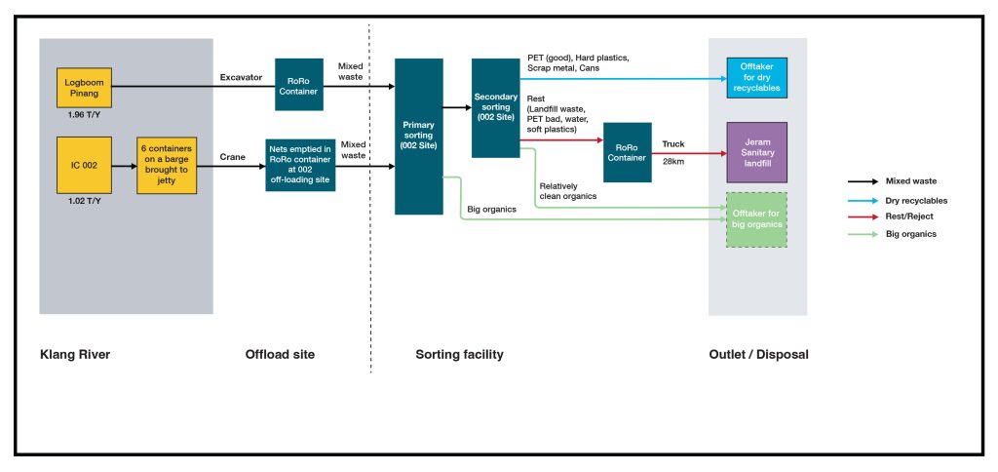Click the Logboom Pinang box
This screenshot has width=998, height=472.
click(x=84, y=89)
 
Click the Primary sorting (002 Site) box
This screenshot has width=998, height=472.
click(x=419, y=137)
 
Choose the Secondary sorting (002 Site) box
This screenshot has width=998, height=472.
click(x=496, y=107)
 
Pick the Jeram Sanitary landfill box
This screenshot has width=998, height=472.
click(x=756, y=153)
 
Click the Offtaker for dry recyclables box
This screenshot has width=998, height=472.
click(x=756, y=76)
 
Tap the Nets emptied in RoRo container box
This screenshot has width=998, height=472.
click(x=300, y=165)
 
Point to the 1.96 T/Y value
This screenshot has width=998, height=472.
click(x=84, y=127)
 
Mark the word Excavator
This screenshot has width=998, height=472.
click(x=242, y=77)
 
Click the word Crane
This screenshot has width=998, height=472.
click(x=234, y=156)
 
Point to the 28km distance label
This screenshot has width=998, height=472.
click(x=673, y=161)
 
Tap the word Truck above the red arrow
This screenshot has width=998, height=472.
click(x=673, y=144)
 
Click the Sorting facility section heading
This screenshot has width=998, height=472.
click(x=459, y=354)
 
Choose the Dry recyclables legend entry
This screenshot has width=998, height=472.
click(x=916, y=200)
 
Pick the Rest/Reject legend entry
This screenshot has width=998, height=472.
click(x=908, y=217)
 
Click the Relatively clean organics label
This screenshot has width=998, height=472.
click(x=567, y=190)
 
